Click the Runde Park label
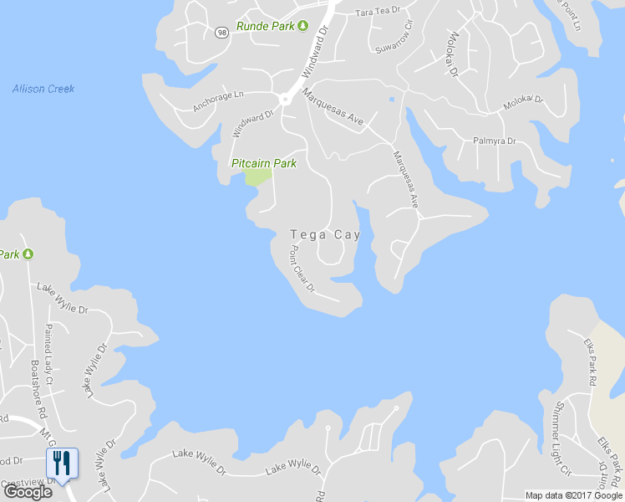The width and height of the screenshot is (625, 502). tap(265, 26)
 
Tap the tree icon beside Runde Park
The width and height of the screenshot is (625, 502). tap(303, 26)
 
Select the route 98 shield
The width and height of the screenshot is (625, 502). tap(221, 33)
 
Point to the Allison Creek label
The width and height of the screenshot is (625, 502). tap(43, 89)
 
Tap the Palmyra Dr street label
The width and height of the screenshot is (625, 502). tap(495, 141)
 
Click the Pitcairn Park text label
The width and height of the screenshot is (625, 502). tap(263, 163)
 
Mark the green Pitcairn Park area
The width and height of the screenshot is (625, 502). tap(257, 177)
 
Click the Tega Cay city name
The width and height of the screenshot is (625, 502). tap(325, 235)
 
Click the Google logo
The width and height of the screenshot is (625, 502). tap(28, 492)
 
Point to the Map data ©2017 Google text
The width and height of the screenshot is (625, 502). tap(574, 495)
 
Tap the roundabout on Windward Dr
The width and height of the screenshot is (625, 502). tap(285, 99)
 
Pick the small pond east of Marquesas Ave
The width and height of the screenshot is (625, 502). tap(391, 100)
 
